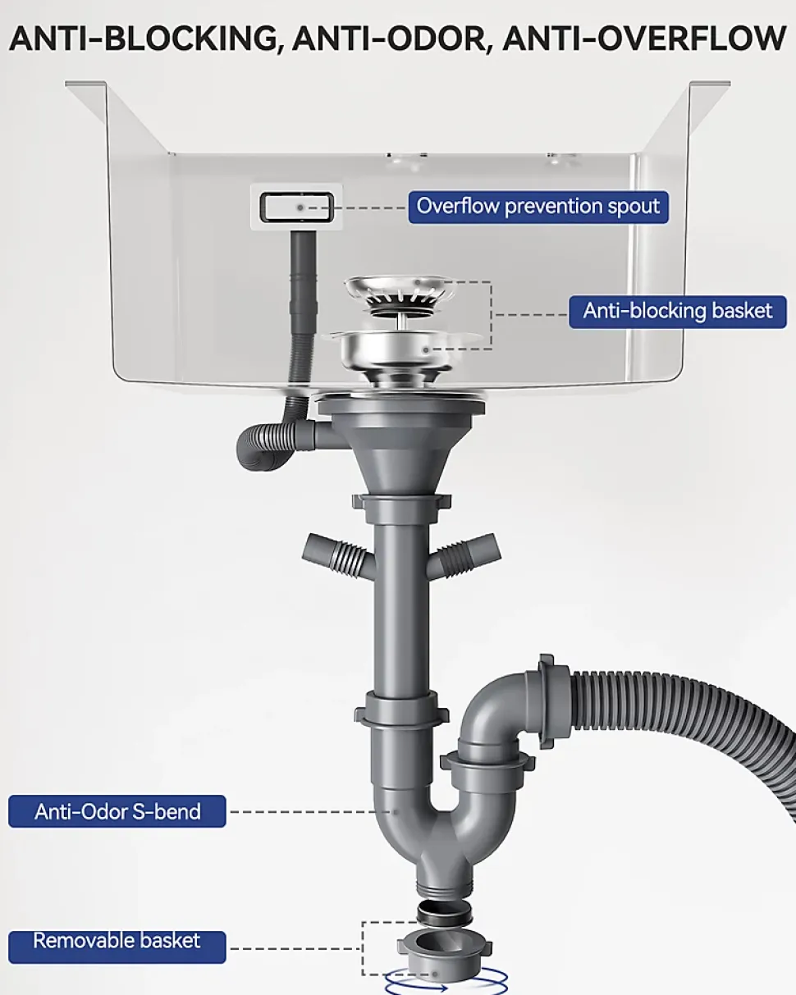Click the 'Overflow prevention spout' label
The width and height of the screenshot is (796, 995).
pyautogui.click(x=538, y=207)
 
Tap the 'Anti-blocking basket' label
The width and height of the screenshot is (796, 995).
pyautogui.click(x=677, y=312)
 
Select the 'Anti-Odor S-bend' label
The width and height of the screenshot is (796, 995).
pyautogui.click(x=117, y=811)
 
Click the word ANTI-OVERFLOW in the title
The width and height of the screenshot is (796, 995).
pyautogui.click(x=644, y=39)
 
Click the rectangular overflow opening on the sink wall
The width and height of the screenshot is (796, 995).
pyautogui.click(x=296, y=208)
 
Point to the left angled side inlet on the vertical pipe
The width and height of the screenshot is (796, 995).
pyautogui.click(x=337, y=555)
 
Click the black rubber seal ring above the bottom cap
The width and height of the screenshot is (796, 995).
pyautogui.click(x=444, y=912)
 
